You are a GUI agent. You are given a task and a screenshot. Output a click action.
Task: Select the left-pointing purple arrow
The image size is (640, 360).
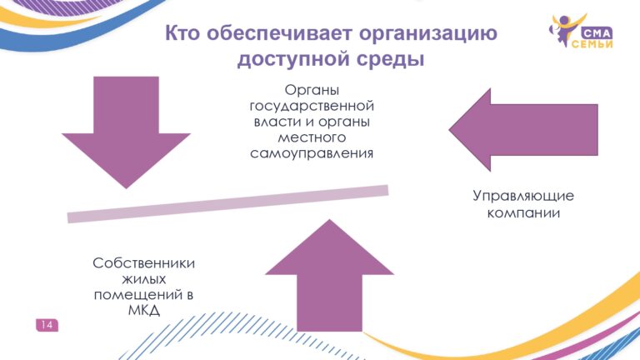tap(523, 130)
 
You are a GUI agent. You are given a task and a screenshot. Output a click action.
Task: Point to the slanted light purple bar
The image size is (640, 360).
tap(227, 203)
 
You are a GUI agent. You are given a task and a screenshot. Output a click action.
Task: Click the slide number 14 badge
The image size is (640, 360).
tap(47, 325)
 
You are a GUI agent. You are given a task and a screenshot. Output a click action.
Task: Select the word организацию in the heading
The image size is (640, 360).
tap(428, 33)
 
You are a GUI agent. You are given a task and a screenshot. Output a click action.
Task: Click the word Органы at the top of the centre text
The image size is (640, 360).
tap(312, 90)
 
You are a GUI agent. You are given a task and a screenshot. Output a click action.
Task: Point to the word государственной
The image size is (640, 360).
tap(312, 106)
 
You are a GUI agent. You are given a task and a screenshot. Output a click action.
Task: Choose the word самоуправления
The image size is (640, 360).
tap(312, 153)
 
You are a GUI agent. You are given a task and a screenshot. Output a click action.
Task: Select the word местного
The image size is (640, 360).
tap(312, 137)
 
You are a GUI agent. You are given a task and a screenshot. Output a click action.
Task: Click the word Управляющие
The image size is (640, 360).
tap(523, 196)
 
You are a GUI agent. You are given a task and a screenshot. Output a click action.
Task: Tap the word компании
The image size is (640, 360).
tap(523, 213)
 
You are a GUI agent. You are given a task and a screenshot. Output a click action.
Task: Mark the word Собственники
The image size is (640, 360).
tap(143, 262)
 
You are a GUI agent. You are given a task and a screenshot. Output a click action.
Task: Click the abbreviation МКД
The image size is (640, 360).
tap(143, 311)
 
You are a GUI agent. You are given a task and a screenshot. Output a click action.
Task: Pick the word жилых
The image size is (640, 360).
tap(143, 279)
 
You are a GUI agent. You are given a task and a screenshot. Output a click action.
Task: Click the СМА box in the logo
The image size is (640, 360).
tap(597, 33)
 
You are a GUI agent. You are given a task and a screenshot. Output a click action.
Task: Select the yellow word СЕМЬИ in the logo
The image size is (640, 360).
tap(592, 44)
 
